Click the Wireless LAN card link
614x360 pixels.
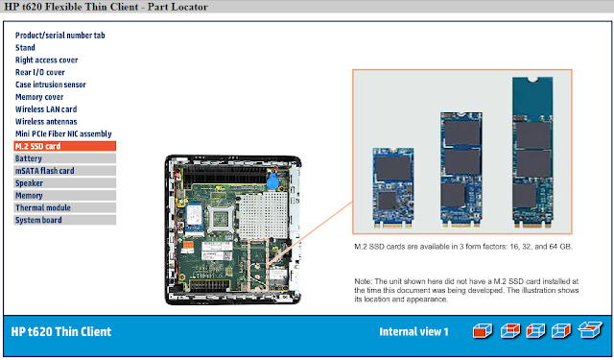tap(46, 109)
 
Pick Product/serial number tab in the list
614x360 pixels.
tap(59, 36)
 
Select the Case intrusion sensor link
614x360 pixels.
tap(51, 84)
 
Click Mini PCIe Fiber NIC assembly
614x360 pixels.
tap(63, 134)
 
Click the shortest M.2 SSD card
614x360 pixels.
tap(393, 187)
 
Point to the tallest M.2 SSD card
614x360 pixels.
tap(532, 153)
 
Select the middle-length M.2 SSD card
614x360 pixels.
tap(461, 170)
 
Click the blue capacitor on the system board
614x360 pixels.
tap(272, 181)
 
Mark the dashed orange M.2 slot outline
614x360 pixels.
tap(249, 265)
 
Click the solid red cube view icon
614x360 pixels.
tap(483, 331)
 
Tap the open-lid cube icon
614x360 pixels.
tap(590, 330)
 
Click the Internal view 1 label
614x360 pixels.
tap(413, 332)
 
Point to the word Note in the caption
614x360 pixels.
tap(363, 281)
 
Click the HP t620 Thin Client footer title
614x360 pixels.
tap(61, 332)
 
